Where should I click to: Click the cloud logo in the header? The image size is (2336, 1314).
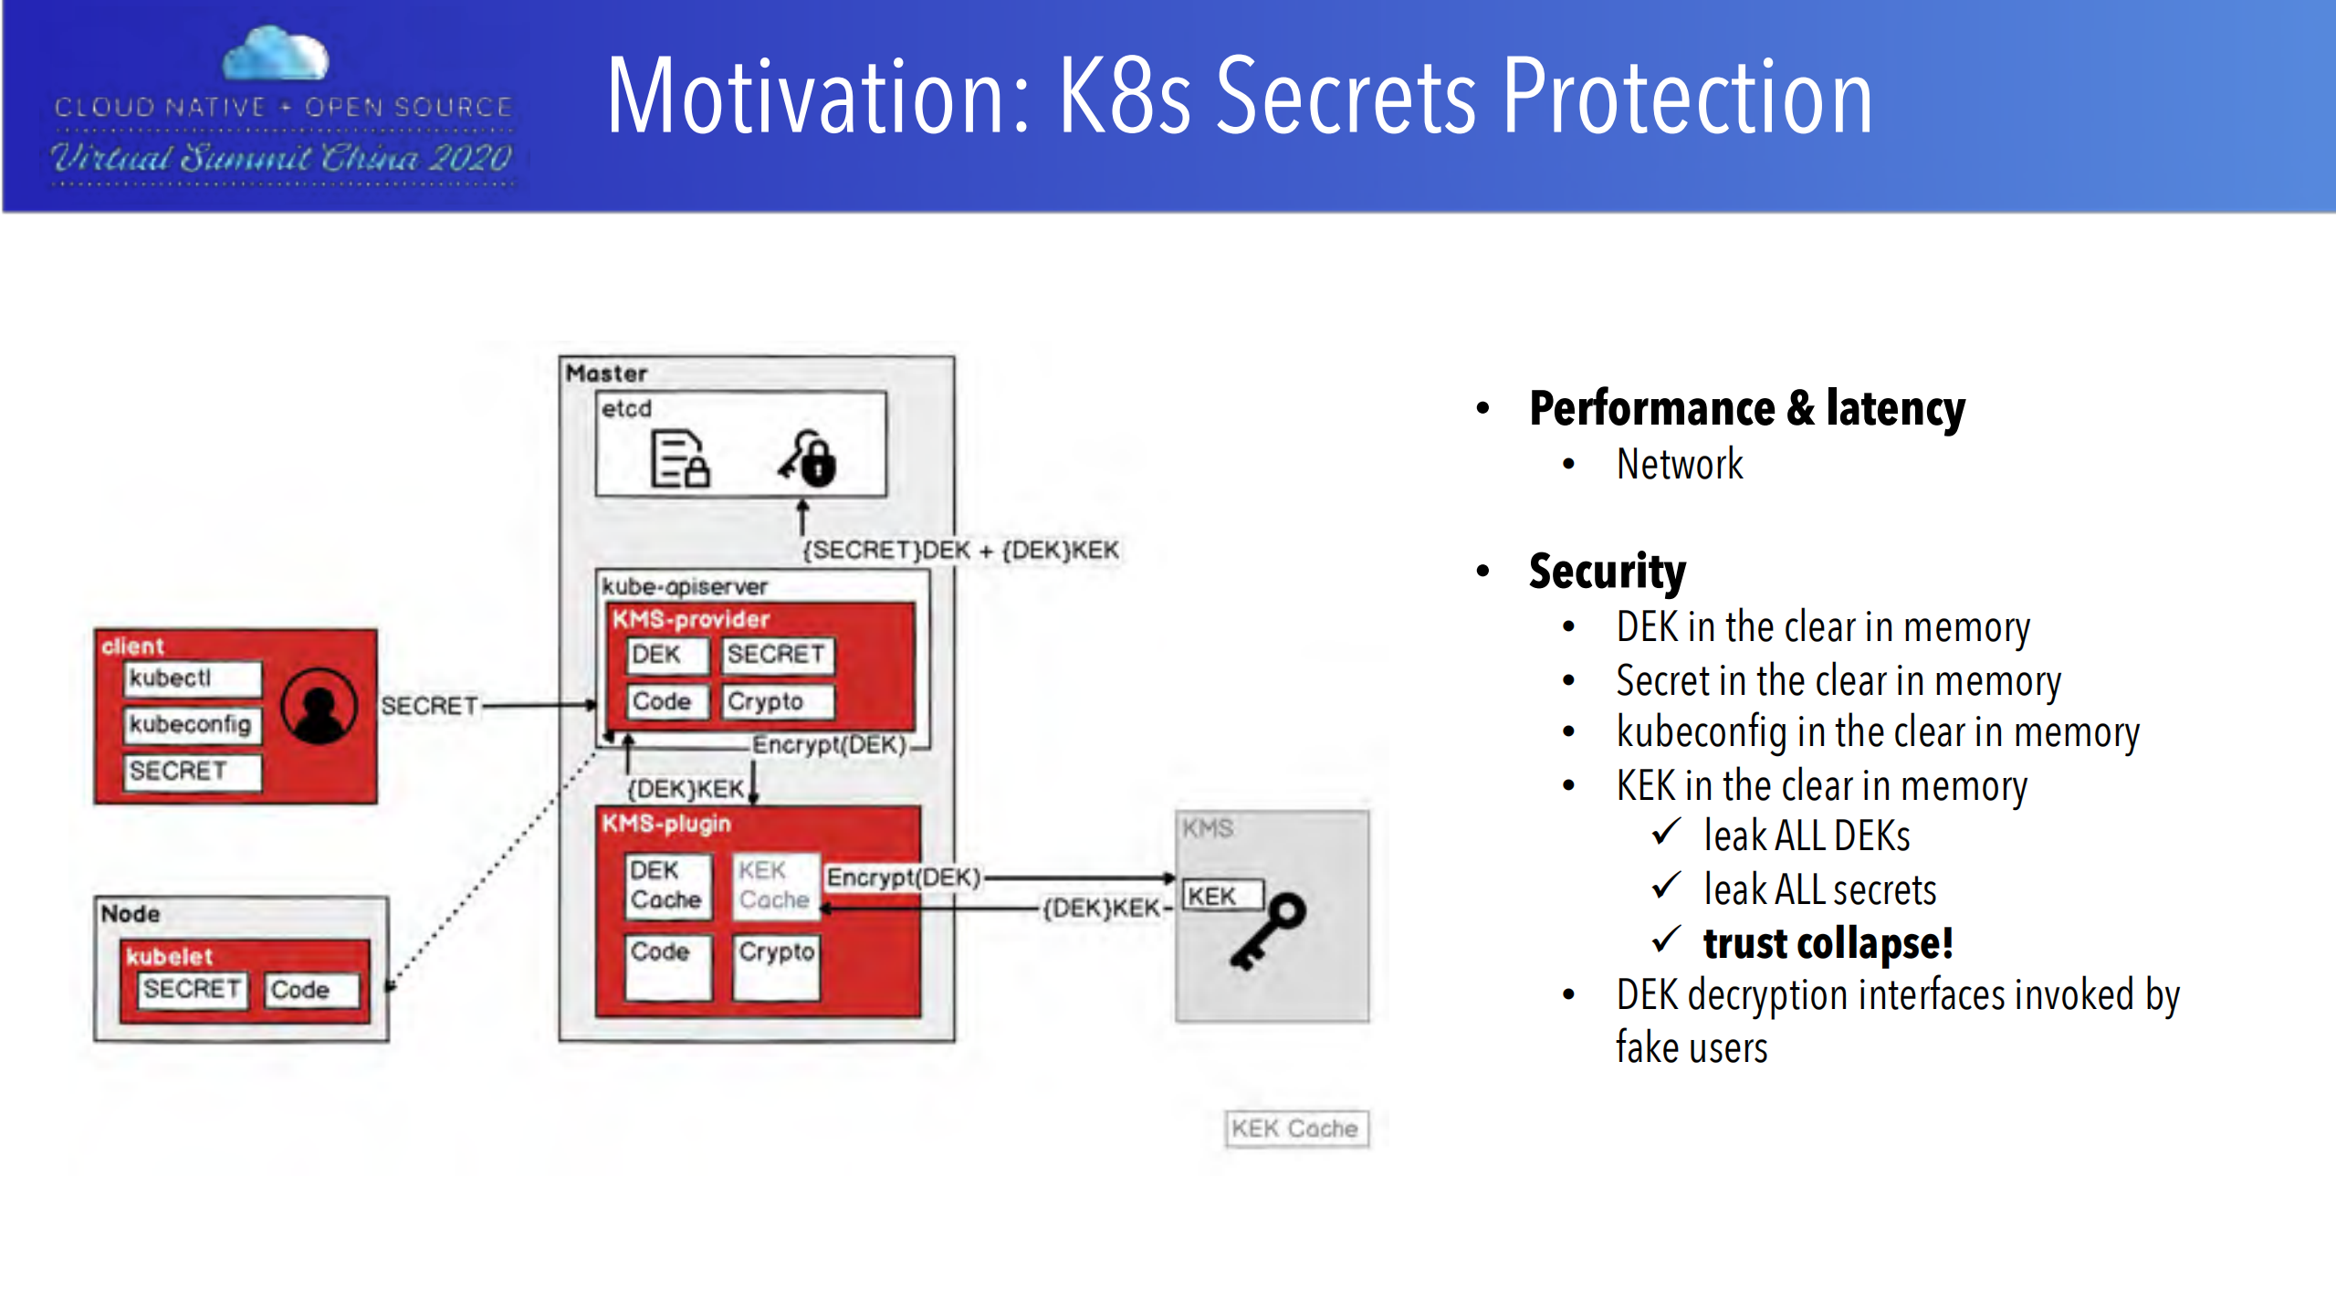coord(276,55)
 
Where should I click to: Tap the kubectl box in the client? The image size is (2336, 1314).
coord(192,678)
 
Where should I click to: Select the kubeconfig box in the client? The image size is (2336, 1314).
coord(192,725)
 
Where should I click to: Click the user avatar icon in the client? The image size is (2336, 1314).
coord(319,706)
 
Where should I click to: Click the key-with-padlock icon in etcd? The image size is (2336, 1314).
coord(808,457)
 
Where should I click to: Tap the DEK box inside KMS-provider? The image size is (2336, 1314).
coord(666,655)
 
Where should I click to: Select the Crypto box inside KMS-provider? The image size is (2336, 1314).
coord(778,701)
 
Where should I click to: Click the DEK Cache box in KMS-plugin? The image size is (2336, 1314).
coord(666,885)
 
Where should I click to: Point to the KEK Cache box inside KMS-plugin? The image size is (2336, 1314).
coord(774,885)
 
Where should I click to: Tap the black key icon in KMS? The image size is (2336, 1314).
coord(1269,930)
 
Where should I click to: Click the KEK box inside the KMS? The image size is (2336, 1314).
coord(1221,896)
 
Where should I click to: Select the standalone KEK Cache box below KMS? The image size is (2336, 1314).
coord(1295,1129)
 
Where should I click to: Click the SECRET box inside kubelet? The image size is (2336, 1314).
coord(192,990)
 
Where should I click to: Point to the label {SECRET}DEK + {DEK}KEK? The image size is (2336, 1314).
coord(959,551)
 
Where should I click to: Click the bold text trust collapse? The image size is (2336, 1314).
coord(1828,943)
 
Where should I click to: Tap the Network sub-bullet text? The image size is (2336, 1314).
coord(1679,465)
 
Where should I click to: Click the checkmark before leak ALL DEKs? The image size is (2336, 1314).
coord(1666,832)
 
